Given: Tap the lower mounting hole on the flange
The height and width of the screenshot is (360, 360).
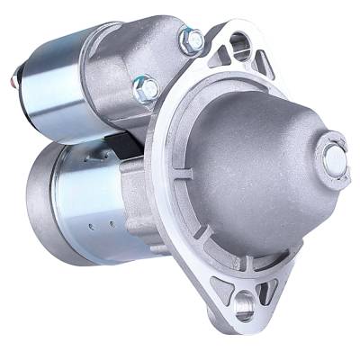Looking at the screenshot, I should pos(244,306).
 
